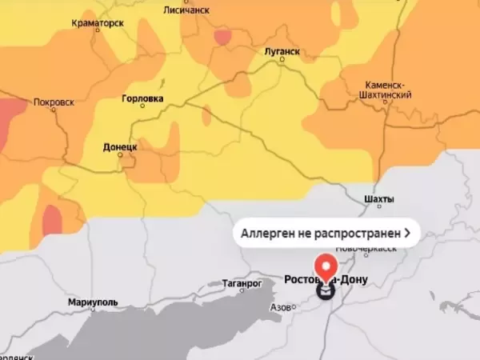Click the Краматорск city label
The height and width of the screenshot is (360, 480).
pos(97,23)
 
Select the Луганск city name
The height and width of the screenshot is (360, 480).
pos(282,51)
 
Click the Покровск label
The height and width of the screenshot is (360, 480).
pos(55,102)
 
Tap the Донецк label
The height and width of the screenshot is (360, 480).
pos(121,147)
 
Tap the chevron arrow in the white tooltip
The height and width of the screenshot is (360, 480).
pos(408,233)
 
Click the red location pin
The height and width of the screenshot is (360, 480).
pos(326,266)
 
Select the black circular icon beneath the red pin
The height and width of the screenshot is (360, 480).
pos(326,291)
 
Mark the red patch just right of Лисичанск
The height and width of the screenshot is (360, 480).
pos(222,36)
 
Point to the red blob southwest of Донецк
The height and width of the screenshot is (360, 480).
pos(52,218)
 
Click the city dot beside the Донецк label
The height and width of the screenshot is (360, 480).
pos(121,155)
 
